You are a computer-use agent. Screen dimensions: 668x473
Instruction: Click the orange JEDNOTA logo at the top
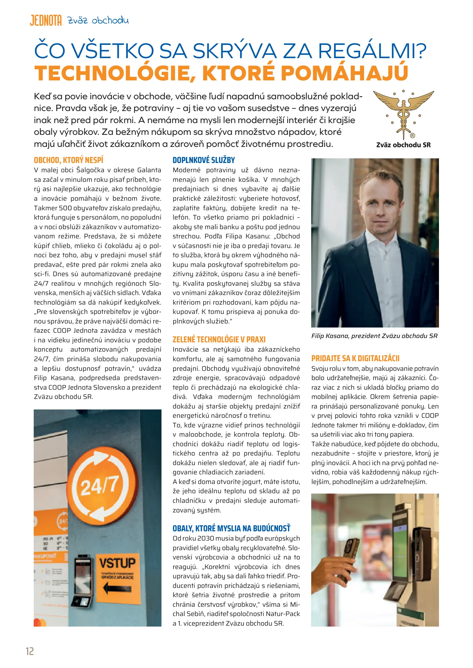(45, 20)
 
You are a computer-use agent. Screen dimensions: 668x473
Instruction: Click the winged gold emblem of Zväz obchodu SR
(403, 113)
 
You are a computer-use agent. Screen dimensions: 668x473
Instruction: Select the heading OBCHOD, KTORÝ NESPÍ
(68, 160)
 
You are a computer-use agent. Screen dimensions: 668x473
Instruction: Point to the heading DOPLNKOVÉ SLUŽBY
(204, 160)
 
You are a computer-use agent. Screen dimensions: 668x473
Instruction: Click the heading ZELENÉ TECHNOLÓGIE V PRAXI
(219, 339)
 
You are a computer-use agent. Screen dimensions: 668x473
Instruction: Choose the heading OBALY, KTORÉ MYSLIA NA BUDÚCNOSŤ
(231, 528)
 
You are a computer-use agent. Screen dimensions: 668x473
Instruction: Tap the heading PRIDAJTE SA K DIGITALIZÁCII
(355, 358)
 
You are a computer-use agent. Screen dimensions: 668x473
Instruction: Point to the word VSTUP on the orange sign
(117, 563)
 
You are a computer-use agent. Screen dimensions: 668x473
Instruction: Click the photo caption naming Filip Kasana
(374, 336)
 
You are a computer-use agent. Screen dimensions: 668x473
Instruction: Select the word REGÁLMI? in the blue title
(372, 51)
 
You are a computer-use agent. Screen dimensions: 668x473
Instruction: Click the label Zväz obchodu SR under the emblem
(403, 145)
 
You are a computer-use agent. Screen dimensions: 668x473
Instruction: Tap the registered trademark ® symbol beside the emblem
(412, 135)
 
